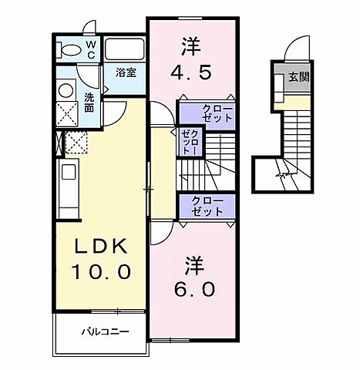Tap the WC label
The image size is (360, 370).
pos(90,49)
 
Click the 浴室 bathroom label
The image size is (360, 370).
pos(126,72)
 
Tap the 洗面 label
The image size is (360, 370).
pos(89,102)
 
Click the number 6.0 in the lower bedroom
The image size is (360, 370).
pos(193,291)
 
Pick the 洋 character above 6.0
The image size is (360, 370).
pos(193,265)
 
